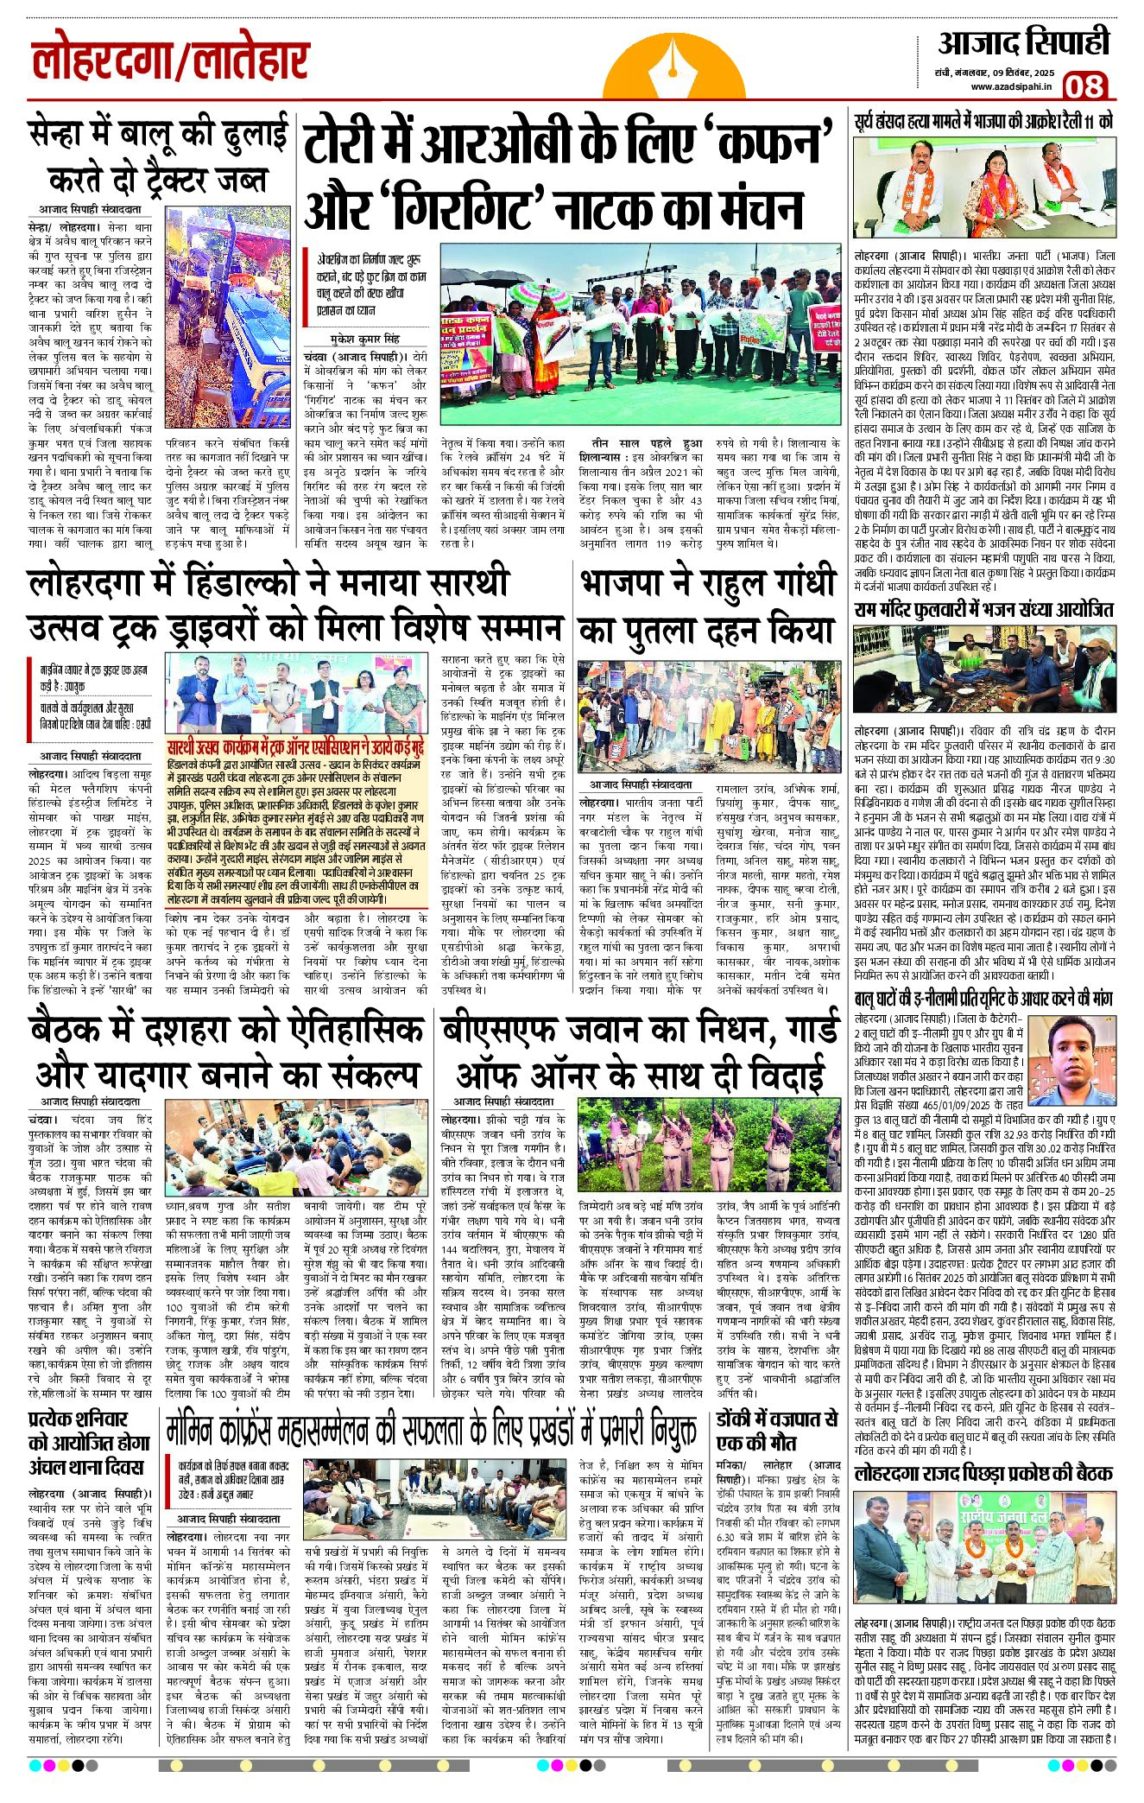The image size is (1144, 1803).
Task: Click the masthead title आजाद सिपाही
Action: coord(1023,43)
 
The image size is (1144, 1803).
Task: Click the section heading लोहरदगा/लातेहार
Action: coord(170,63)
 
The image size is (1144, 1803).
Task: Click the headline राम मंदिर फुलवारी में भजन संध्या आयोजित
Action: coord(983,610)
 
